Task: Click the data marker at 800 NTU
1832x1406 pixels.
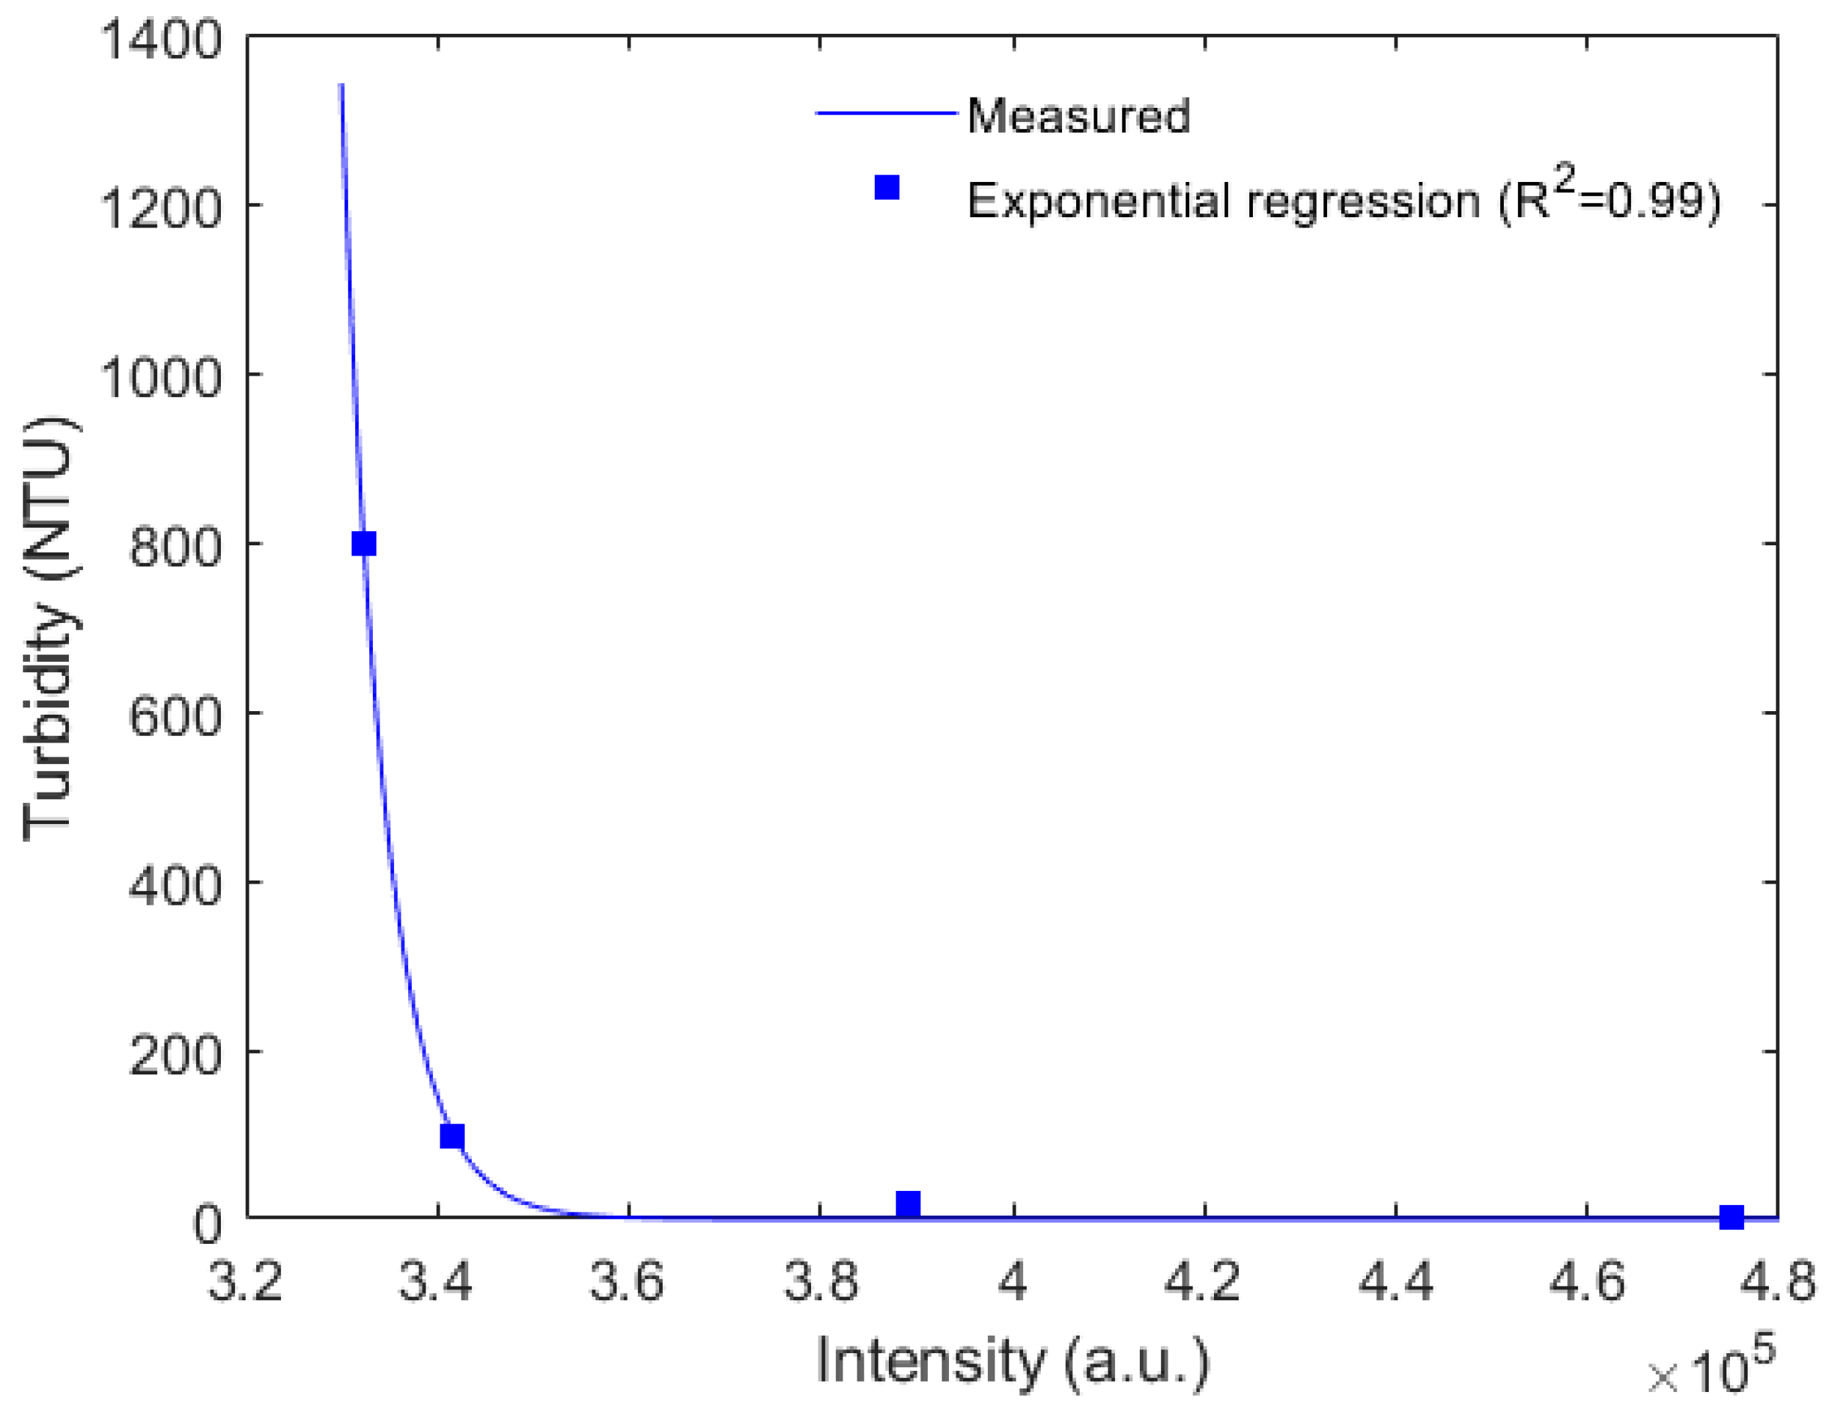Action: coord(363,544)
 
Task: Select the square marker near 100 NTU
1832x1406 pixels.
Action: coord(452,1136)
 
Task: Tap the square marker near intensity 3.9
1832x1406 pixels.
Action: coord(908,1204)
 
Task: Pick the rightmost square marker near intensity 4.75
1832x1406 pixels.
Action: coord(1731,1217)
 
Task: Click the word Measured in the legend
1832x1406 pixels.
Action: coord(1078,115)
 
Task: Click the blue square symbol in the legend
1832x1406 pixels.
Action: coord(887,187)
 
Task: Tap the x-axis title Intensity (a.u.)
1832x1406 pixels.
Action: coord(1013,1361)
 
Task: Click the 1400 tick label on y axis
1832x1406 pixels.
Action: coord(161,40)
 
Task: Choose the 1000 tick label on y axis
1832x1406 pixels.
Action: coord(161,376)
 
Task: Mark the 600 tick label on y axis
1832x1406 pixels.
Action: coord(175,715)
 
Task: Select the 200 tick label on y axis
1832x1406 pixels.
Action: coord(175,1054)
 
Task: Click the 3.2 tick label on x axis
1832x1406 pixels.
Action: coord(245,1281)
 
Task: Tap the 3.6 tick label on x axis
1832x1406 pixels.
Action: coord(628,1281)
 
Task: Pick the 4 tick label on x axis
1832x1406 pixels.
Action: coord(1013,1281)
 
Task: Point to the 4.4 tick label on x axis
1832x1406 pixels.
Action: coord(1395,1281)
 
